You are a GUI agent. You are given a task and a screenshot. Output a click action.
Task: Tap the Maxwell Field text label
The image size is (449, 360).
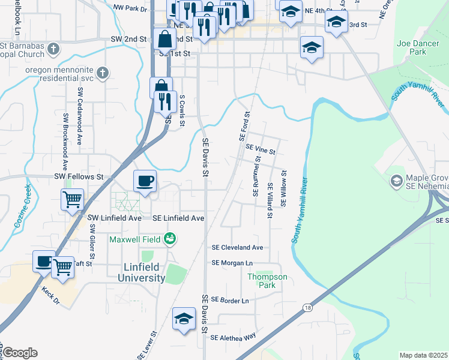click(x=135, y=239)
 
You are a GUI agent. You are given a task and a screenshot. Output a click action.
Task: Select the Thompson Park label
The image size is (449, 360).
click(x=267, y=281)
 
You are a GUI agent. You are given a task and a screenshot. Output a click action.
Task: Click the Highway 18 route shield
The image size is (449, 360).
click(x=309, y=307)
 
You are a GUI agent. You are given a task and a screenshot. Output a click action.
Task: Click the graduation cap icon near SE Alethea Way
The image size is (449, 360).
click(x=184, y=319)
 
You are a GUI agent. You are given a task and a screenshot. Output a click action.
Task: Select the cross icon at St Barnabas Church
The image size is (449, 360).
click(x=53, y=48)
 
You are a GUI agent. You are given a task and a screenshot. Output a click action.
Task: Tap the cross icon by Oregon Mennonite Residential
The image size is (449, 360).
click(x=103, y=73)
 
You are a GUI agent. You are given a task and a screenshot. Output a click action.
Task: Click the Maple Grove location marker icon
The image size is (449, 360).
click(x=396, y=181)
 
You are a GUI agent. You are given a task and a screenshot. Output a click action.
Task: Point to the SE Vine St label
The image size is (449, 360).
click(x=260, y=148)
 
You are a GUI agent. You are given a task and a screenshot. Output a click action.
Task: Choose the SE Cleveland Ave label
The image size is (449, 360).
click(x=237, y=247)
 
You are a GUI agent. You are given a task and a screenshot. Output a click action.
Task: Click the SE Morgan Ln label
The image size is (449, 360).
click(x=232, y=263)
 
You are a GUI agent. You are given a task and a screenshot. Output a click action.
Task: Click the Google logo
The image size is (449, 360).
click(x=20, y=353)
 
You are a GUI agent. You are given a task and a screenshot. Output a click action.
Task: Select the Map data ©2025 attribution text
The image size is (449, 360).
click(x=423, y=355)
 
